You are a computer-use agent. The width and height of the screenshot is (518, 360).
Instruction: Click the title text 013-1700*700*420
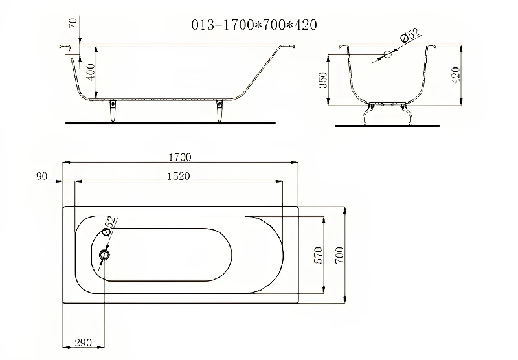click(254, 25)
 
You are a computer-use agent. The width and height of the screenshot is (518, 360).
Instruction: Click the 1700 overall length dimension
click(180, 157)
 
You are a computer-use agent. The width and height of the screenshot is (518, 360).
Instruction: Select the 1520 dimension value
click(179, 176)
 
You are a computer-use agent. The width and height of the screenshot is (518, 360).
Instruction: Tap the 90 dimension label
click(41, 176)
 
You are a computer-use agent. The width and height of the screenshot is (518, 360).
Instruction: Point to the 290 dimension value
click(84, 343)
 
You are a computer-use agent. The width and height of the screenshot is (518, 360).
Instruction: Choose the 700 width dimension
click(339, 255)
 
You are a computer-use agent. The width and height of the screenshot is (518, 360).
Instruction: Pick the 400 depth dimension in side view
click(91, 71)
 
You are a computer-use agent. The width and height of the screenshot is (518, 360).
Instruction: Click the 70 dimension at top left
click(73, 23)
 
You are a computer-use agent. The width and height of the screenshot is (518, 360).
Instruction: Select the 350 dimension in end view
click(323, 80)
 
